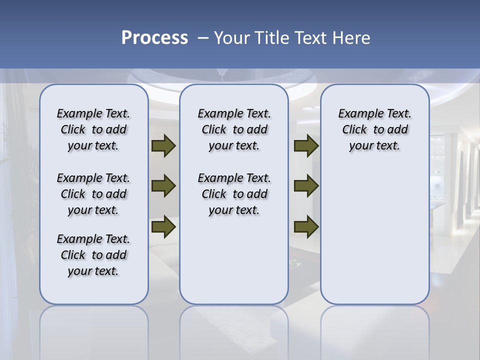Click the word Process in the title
click(154, 38)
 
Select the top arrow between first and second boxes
click(163, 145)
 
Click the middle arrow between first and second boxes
click(163, 186)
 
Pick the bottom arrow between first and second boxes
click(163, 226)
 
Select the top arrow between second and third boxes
click(306, 145)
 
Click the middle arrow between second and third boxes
click(306, 186)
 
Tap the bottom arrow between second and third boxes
click(306, 226)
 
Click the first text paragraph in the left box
click(93, 129)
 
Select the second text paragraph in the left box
click(93, 194)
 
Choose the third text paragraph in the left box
click(93, 255)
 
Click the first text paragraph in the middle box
click(234, 129)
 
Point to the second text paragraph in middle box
click(234, 194)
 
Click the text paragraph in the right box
click(374, 129)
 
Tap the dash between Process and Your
click(203, 38)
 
